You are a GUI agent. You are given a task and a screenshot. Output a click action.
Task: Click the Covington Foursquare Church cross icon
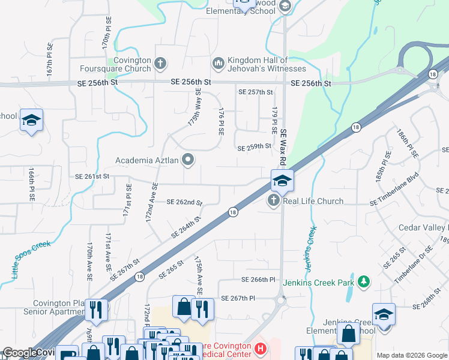[160, 62]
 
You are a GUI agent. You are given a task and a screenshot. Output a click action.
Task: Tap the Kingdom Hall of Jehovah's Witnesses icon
[218, 62]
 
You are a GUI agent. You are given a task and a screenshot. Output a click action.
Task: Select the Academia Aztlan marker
[188, 160]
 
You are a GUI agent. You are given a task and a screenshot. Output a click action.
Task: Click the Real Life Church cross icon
[274, 200]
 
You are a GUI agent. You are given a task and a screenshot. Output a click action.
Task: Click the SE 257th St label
[255, 92]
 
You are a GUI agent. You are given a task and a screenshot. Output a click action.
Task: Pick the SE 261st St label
[92, 176]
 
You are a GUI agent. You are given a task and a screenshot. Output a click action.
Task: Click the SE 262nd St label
[184, 203]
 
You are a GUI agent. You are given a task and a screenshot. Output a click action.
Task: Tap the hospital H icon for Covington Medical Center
[260, 348]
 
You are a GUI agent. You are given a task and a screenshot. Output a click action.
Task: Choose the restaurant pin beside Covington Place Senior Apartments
[96, 310]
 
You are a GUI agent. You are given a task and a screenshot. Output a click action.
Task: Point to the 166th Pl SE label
[31, 184]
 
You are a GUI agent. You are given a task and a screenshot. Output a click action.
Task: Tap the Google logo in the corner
[20, 353]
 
